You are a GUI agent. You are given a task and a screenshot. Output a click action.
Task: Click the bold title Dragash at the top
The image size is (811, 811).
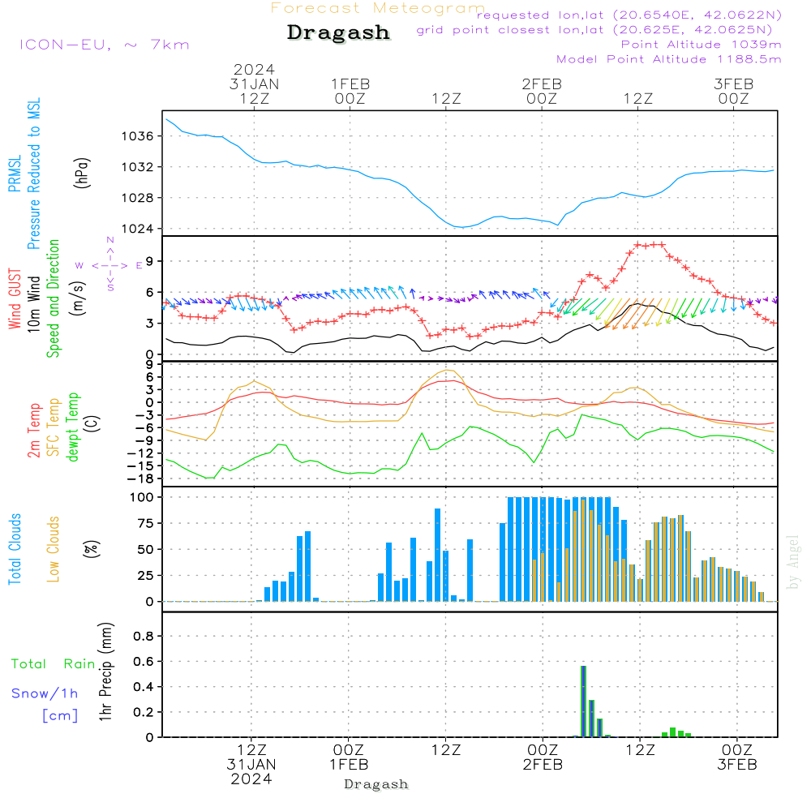pos(338,33)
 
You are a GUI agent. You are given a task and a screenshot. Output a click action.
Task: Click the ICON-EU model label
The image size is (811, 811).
pos(104,45)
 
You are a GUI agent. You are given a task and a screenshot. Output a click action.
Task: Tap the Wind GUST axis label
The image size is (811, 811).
pos(15,301)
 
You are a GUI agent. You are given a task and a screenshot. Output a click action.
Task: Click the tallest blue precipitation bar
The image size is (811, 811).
pos(583,701)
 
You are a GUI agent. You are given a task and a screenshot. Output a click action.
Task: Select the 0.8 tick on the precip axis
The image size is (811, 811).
pos(144,637)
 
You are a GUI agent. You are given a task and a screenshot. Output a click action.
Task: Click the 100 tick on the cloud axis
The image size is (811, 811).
pos(143,498)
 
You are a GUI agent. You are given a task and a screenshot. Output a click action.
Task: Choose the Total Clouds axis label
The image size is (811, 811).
pos(15,549)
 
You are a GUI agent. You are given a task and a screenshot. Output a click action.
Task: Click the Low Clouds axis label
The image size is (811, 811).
pos(54,549)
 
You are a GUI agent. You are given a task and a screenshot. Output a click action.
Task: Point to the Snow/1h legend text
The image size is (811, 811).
pos(45,693)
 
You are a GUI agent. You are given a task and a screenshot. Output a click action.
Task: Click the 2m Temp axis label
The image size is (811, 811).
pos(34,429)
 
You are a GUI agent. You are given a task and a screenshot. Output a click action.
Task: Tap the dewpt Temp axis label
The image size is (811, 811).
pos(73,427)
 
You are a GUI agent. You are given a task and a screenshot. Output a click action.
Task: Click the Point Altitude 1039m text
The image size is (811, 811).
pos(701,45)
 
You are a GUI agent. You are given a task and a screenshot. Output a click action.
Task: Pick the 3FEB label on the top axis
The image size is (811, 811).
pos(734,84)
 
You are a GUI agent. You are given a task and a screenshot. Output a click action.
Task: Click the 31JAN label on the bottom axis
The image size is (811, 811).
pos(252,765)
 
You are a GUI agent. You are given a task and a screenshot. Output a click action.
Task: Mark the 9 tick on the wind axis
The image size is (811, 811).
pos(150,260)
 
